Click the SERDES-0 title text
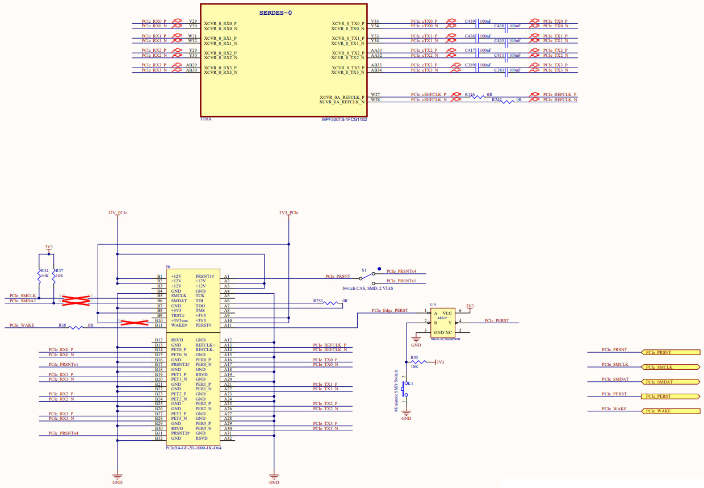[x=275, y=12]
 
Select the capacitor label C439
[x=470, y=21]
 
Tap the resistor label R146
[x=470, y=94]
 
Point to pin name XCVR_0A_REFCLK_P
[x=341, y=97]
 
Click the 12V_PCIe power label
[x=118, y=212]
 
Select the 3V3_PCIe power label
[x=288, y=212]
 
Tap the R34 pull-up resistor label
[x=44, y=270]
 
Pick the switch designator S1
[x=363, y=270]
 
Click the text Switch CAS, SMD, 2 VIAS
[x=367, y=288]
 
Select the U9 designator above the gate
[x=433, y=305]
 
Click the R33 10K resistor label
[x=414, y=358]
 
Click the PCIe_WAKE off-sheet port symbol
[x=670, y=411]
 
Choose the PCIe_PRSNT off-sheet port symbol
[x=670, y=353]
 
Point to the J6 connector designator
[x=167, y=266]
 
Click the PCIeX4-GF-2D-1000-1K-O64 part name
[x=193, y=448]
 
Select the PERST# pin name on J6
[x=203, y=326]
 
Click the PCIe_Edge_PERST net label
[x=389, y=310]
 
